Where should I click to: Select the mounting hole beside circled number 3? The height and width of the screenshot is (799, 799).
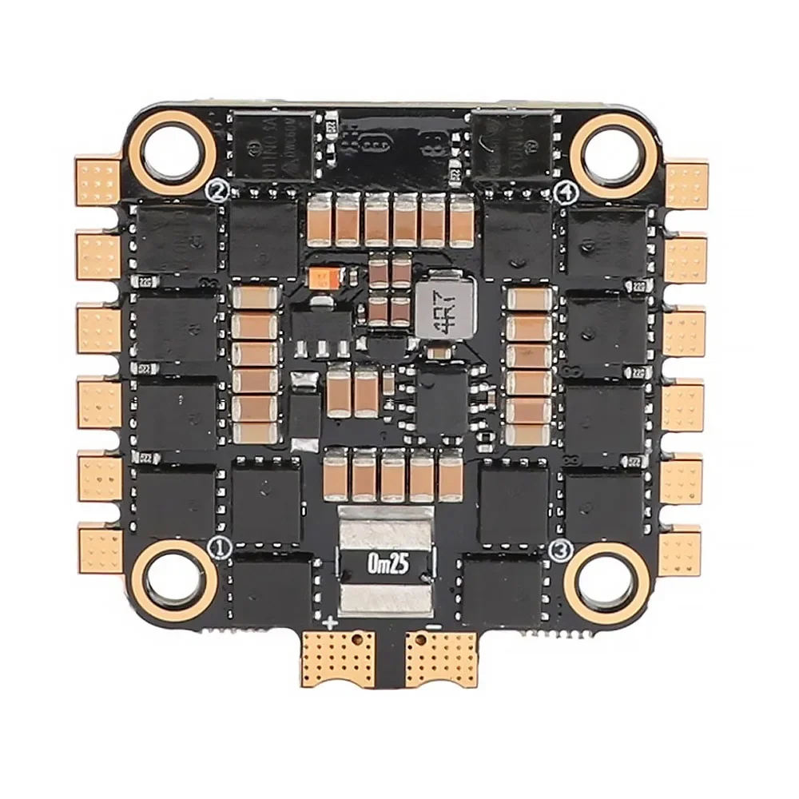click(606, 581)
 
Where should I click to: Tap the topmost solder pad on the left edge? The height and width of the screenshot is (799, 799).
click(99, 183)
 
